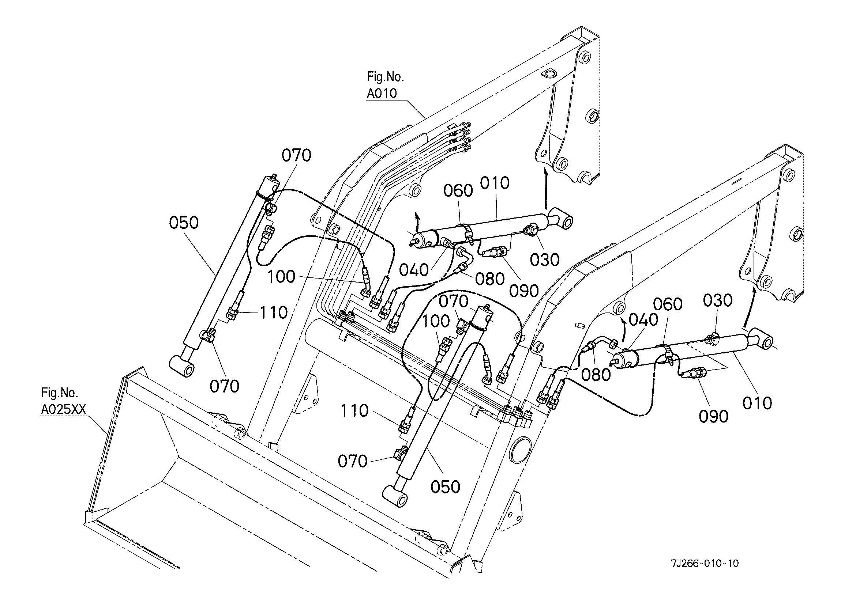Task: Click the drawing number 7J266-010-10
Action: point(704,563)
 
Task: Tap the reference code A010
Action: point(382,93)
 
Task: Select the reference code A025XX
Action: point(63,409)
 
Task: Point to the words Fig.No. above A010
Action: point(385,77)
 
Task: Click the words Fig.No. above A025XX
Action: point(59,393)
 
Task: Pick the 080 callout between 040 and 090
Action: point(489,279)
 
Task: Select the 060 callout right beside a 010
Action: point(458,190)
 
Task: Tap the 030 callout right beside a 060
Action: point(717,300)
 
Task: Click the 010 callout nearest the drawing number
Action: point(757,403)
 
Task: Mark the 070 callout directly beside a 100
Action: point(454,301)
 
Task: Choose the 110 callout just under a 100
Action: point(354,410)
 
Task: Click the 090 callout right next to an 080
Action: point(523,291)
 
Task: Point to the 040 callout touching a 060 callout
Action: point(643,319)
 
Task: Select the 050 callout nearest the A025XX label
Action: point(184,223)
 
